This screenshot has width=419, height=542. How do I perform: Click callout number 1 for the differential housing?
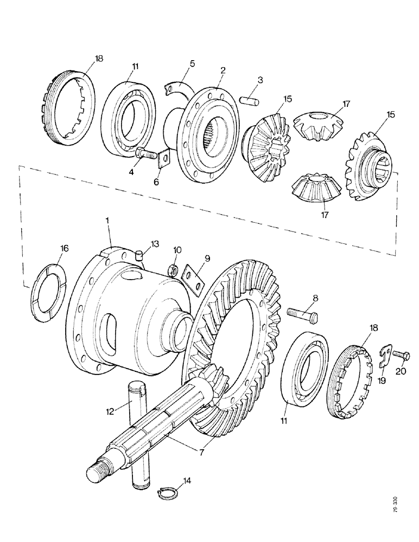pyautogui.click(x=107, y=222)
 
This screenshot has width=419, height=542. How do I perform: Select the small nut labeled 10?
pyautogui.click(x=174, y=268)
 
